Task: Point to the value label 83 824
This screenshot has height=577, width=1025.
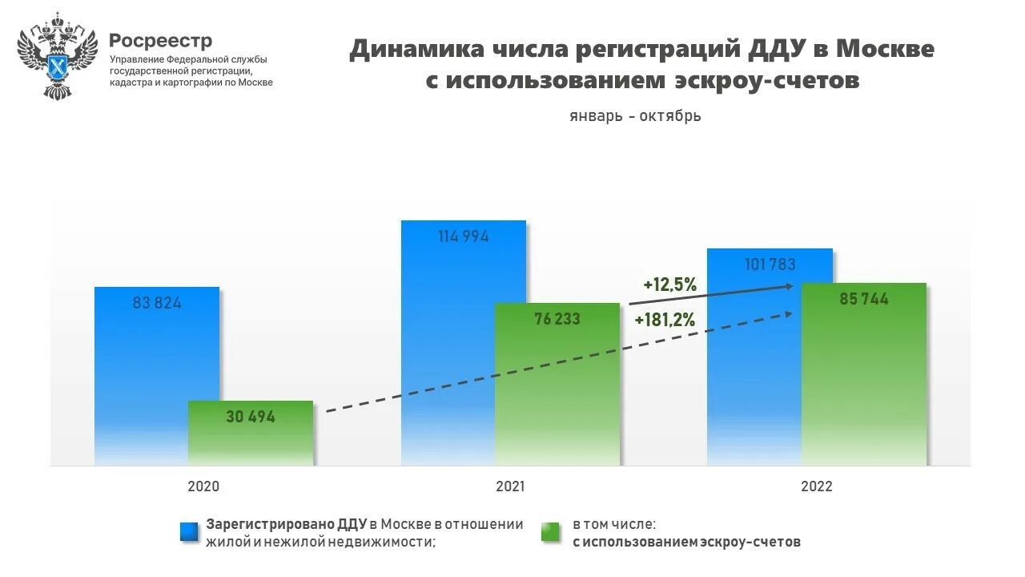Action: click(x=157, y=304)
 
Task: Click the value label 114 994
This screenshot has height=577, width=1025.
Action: click(x=464, y=237)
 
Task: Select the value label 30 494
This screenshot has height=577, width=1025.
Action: click(x=251, y=417)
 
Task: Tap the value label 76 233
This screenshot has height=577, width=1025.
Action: click(x=557, y=319)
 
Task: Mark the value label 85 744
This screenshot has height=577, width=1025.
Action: click(x=864, y=299)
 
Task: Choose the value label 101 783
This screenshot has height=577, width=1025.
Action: click(x=770, y=264)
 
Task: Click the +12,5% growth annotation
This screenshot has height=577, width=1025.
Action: click(x=670, y=284)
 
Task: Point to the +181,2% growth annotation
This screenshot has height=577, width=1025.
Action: click(x=665, y=321)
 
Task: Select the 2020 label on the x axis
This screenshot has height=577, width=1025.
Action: click(x=203, y=486)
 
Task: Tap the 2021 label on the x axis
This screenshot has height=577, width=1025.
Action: click(x=510, y=486)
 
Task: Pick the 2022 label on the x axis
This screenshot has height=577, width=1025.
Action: click(x=816, y=486)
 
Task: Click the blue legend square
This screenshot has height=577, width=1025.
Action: click(x=190, y=532)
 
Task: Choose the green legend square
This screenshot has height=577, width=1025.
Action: click(x=551, y=532)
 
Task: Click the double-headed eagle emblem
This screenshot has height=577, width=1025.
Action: click(x=57, y=55)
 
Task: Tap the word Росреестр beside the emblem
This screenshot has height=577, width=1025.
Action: click(x=161, y=40)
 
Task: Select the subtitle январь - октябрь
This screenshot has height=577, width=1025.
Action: click(x=635, y=116)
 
